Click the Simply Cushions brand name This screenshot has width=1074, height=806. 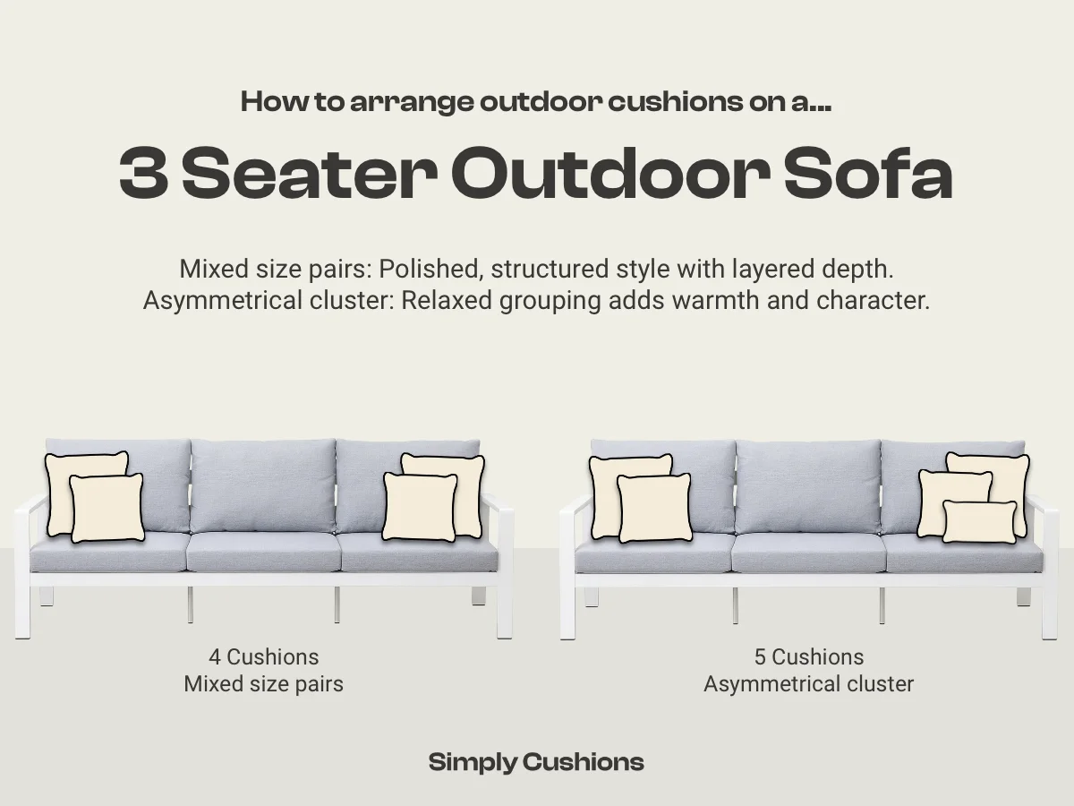click(x=536, y=762)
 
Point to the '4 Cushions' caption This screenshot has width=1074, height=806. click(x=264, y=656)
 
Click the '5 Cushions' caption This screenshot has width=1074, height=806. click(x=809, y=656)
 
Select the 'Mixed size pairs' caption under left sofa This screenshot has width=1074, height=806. click(x=264, y=684)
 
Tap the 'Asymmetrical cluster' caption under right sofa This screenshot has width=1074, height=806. click(x=809, y=684)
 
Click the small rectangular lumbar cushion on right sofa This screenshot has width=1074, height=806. click(x=979, y=522)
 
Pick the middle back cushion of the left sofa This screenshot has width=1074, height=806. click(x=263, y=485)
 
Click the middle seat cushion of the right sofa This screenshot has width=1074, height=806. click(x=808, y=553)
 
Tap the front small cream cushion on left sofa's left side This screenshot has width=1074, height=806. click(x=107, y=508)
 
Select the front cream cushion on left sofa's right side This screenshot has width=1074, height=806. click(x=420, y=507)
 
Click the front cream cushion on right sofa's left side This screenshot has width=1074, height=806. click(x=654, y=508)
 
